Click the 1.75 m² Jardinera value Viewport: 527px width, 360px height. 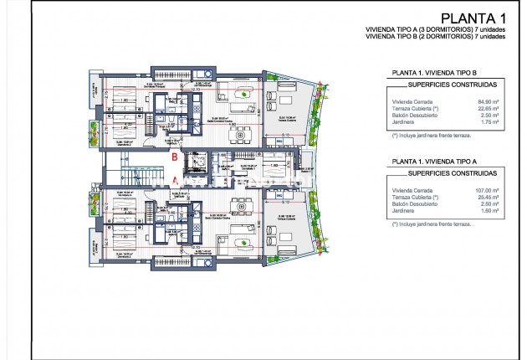click(492, 122)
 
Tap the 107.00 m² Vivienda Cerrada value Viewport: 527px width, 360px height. click(489, 192)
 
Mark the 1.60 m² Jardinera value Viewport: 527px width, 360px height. click(492, 212)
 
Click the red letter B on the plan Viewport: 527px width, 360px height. click(173, 157)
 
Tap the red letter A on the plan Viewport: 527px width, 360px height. click(175, 178)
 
